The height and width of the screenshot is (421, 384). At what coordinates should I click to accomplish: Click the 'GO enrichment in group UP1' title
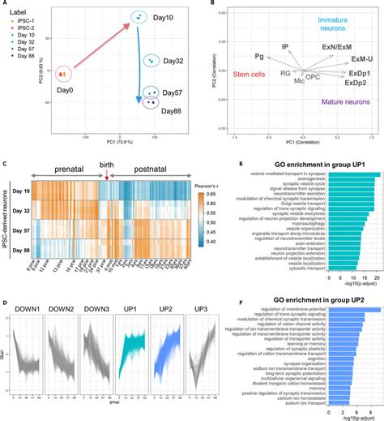[321, 165]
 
